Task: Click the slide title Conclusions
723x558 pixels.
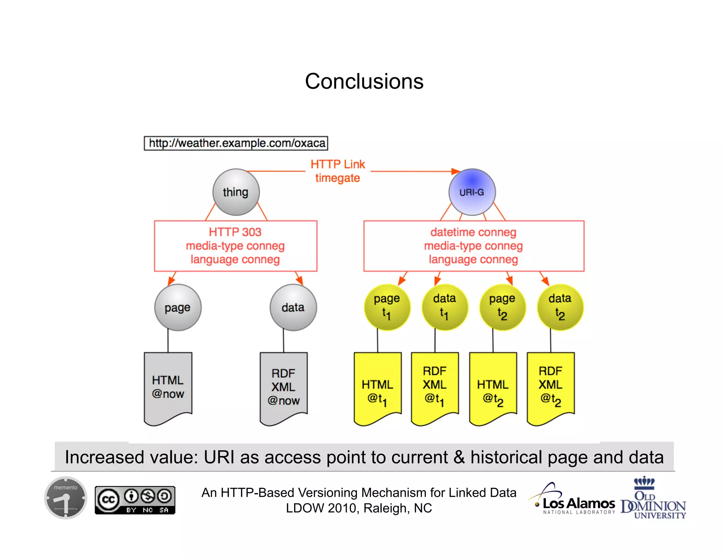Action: [364, 81]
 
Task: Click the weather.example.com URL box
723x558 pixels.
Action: [236, 143]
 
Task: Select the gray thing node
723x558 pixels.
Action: [236, 192]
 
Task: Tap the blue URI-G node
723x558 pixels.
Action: [472, 192]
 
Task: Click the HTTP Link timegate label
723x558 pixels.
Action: [337, 171]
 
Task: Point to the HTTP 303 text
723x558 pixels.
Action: [235, 232]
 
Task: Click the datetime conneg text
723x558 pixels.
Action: [473, 232]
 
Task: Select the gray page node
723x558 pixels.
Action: [178, 308]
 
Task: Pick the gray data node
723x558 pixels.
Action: [293, 308]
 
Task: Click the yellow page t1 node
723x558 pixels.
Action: [387, 307]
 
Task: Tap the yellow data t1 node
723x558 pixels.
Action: [444, 307]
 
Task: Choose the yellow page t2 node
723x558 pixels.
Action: [502, 307]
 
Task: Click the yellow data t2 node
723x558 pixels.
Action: [560, 307]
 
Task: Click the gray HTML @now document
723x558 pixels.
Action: [168, 387]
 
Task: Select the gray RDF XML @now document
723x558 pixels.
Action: [283, 387]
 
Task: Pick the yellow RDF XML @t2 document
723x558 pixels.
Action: [550, 387]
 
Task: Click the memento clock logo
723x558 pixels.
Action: [66, 498]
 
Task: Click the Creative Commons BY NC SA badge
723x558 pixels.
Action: [135, 500]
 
